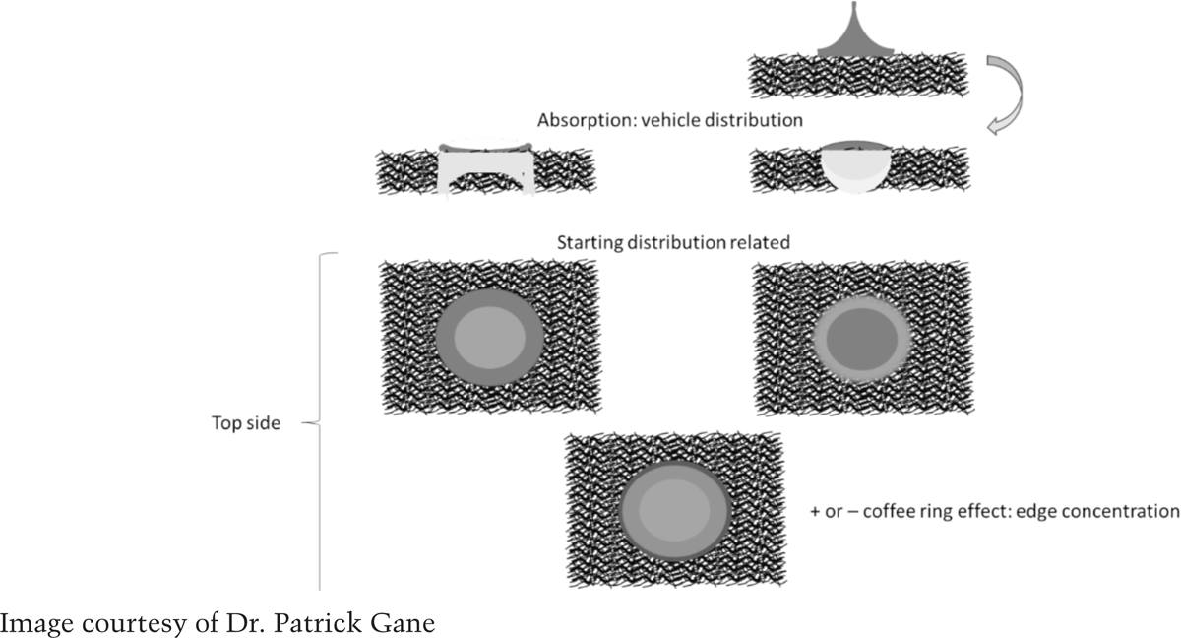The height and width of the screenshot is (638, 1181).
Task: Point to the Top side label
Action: click(246, 423)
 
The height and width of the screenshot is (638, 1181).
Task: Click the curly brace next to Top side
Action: click(320, 421)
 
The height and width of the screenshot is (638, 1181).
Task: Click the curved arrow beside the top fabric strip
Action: click(1007, 95)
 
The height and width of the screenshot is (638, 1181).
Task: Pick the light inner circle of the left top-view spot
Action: click(489, 338)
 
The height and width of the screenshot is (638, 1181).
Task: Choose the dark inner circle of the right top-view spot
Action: click(861, 339)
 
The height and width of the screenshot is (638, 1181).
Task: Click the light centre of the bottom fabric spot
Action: click(674, 510)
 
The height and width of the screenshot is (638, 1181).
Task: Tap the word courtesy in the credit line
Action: click(135, 625)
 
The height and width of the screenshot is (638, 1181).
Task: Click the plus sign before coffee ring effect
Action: click(815, 512)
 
